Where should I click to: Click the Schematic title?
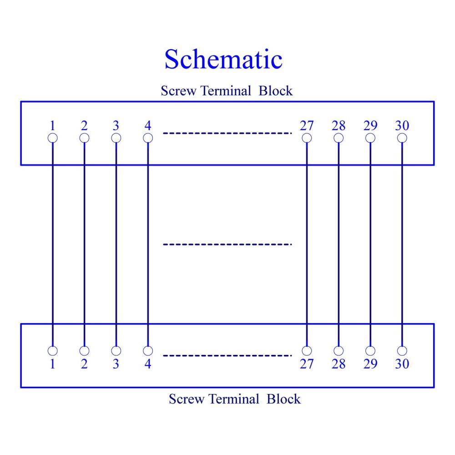pyautogui.click(x=223, y=60)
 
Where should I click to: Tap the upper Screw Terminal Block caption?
pyautogui.click(x=227, y=91)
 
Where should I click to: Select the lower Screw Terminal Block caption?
pyautogui.click(x=234, y=399)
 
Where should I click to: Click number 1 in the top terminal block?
pyautogui.click(x=52, y=126)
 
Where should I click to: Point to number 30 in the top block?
pyautogui.click(x=402, y=126)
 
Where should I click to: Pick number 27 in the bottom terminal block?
pyautogui.click(x=307, y=364)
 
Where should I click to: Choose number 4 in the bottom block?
pyautogui.click(x=148, y=364)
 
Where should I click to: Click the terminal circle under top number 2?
pyautogui.click(x=85, y=138)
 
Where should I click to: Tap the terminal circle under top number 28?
pyautogui.click(x=339, y=138)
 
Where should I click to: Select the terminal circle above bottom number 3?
pyautogui.click(x=116, y=351)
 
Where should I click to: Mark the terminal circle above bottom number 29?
pyautogui.click(x=370, y=351)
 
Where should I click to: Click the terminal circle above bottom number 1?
pyautogui.click(x=52, y=351)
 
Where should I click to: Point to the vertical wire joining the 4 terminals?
pyautogui.click(x=148, y=245)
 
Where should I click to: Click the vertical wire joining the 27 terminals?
pyautogui.click(x=307, y=245)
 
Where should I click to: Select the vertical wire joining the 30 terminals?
pyautogui.click(x=402, y=245)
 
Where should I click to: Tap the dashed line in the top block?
pyautogui.click(x=227, y=133)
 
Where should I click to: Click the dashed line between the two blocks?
pyautogui.click(x=227, y=244)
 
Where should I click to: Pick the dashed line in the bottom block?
pyautogui.click(x=227, y=355)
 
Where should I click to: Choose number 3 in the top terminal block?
pyautogui.click(x=116, y=126)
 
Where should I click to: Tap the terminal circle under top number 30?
pyautogui.click(x=402, y=138)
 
